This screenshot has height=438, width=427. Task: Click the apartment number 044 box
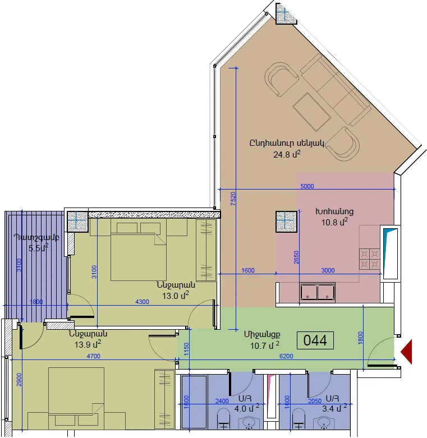[315, 340]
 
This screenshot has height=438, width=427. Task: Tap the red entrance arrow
[407, 352]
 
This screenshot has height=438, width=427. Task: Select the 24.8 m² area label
[287, 154]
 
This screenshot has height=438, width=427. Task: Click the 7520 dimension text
[233, 199]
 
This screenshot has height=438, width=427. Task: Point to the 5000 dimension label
[307, 186]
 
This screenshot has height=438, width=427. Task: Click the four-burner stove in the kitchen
[369, 259]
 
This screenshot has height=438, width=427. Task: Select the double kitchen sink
[318, 292]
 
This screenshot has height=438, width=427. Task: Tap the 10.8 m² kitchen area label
[334, 222]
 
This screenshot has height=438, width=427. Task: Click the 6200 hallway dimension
[286, 356]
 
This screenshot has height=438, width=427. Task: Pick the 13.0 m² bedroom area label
[176, 295]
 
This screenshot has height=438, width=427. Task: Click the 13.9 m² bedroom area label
[88, 344]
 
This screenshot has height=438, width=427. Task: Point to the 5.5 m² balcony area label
[39, 247]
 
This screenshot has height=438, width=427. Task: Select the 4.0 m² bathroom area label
[247, 408]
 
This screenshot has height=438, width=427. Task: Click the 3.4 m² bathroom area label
[334, 408]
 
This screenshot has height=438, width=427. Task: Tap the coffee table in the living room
[312, 112]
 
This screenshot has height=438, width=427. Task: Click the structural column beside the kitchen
[286, 222]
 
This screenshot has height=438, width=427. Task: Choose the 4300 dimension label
[142, 302]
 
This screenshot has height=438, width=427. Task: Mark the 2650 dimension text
[296, 257]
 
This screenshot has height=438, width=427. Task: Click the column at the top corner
[286, 13]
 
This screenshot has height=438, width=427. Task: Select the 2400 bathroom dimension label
[222, 401]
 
